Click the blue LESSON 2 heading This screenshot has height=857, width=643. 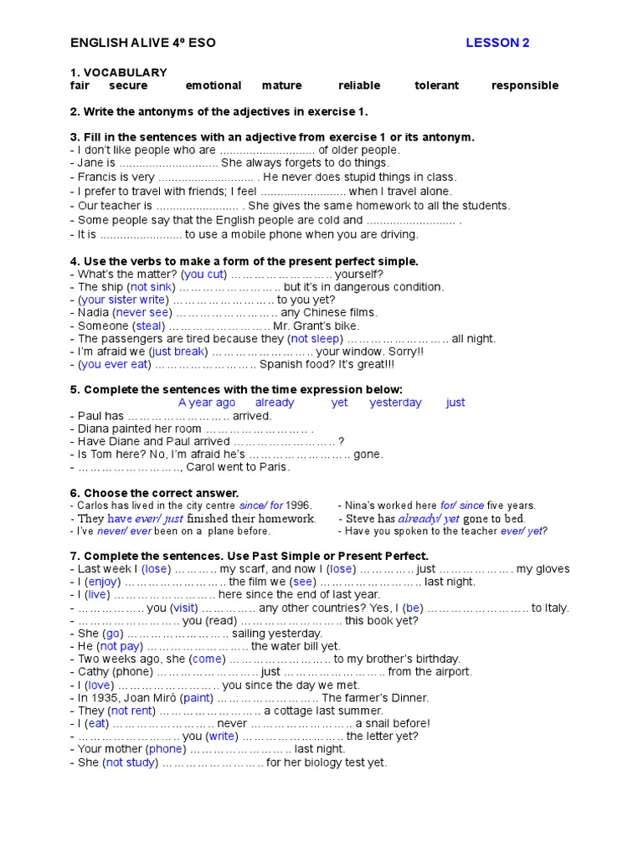[497, 44]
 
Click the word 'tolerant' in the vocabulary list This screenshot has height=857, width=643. [436, 85]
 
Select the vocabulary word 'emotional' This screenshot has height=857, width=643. [213, 85]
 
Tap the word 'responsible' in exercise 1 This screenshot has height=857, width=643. [524, 85]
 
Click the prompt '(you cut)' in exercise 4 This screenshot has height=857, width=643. [204, 274]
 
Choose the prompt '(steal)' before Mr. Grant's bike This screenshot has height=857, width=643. [149, 326]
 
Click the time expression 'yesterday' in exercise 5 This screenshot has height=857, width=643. [395, 403]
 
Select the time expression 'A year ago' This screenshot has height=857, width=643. [207, 403]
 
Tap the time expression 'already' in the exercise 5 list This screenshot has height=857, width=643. [275, 403]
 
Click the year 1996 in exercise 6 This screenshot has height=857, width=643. [298, 505]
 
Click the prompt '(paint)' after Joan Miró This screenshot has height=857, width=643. [197, 697]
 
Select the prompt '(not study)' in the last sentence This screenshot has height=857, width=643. [130, 762]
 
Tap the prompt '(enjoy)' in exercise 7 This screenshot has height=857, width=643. [105, 582]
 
